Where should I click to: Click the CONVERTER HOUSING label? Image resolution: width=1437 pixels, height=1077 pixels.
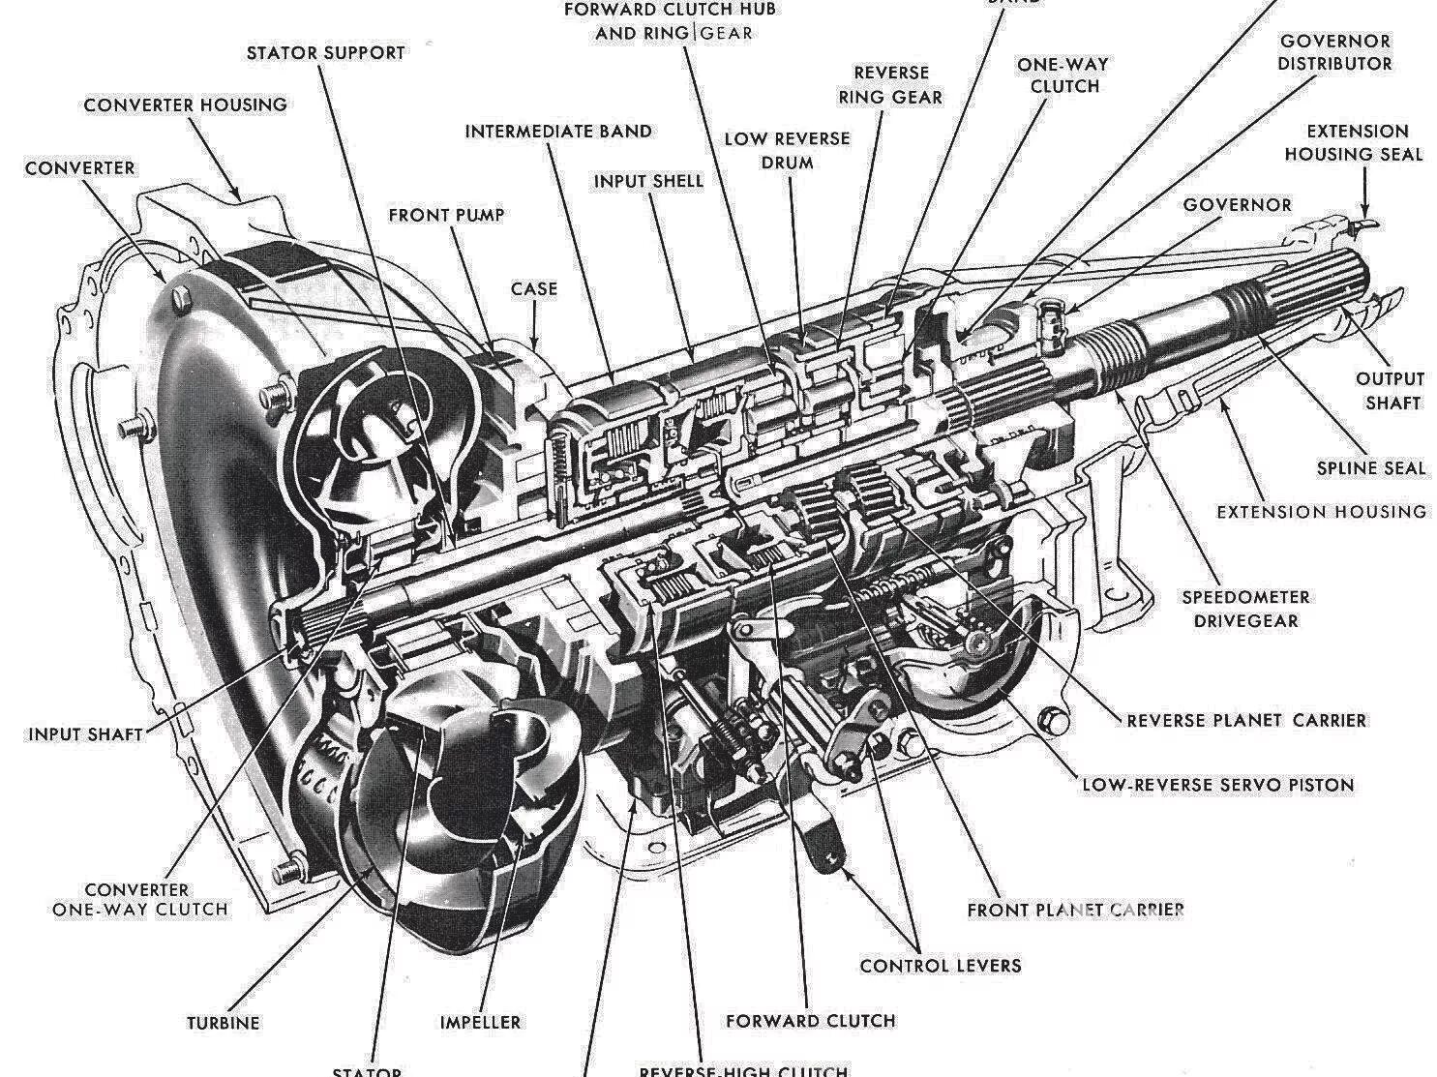tap(185, 105)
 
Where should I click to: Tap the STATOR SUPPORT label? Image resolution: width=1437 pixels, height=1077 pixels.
tap(325, 52)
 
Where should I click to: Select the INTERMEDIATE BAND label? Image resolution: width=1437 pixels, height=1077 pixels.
tap(558, 131)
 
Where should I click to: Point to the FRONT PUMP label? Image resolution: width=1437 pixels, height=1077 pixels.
tap(446, 214)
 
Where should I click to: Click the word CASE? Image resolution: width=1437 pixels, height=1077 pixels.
tap(534, 288)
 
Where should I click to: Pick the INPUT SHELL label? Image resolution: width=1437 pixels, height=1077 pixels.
tap(648, 181)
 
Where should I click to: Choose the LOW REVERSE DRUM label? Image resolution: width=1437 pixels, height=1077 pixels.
tap(787, 150)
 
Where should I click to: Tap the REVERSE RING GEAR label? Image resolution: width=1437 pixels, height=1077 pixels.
tap(890, 84)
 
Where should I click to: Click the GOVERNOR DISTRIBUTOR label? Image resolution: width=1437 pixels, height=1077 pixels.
tap(1334, 52)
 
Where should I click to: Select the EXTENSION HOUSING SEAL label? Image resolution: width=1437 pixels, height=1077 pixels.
tap(1354, 142)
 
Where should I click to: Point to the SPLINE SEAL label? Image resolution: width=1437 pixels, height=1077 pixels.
tap(1370, 468)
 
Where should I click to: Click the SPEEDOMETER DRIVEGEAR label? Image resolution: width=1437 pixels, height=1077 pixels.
tap(1245, 609)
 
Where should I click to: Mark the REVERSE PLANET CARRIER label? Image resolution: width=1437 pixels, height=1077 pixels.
tap(1246, 721)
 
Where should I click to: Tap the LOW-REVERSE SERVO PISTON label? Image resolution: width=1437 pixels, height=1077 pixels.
tap(1217, 785)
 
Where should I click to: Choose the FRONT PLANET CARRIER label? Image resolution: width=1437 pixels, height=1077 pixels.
tap(1075, 910)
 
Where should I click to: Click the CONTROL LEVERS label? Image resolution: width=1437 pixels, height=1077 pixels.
tap(940, 965)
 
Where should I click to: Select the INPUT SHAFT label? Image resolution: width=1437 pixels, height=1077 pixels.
tap(85, 733)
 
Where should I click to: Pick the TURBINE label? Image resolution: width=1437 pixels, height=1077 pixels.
tap(223, 1023)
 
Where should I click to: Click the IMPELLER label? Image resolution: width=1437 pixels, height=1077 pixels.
tap(480, 1022)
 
